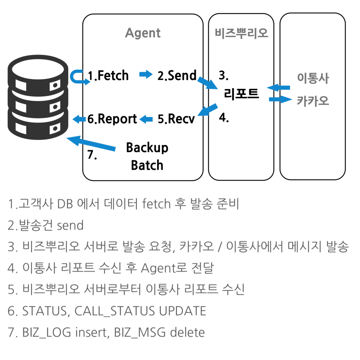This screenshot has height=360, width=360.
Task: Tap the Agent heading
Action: coord(143,33)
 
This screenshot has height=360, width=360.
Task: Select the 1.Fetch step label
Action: coord(108,76)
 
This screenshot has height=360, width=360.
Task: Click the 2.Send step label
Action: coord(177,76)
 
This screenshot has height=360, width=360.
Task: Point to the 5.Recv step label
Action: coord(176,119)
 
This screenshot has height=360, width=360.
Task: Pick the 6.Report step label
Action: coord(112,119)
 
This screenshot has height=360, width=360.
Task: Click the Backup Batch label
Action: coord(147,156)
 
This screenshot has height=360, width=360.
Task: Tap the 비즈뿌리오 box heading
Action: coord(241,33)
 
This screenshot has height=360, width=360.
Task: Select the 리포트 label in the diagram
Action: coord(241,94)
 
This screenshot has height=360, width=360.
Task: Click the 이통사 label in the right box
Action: coord(313,78)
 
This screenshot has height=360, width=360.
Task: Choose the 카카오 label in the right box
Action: coord(313,100)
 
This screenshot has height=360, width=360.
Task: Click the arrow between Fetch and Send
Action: coord(145,74)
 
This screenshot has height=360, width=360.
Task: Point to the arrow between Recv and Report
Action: coord(146,118)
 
